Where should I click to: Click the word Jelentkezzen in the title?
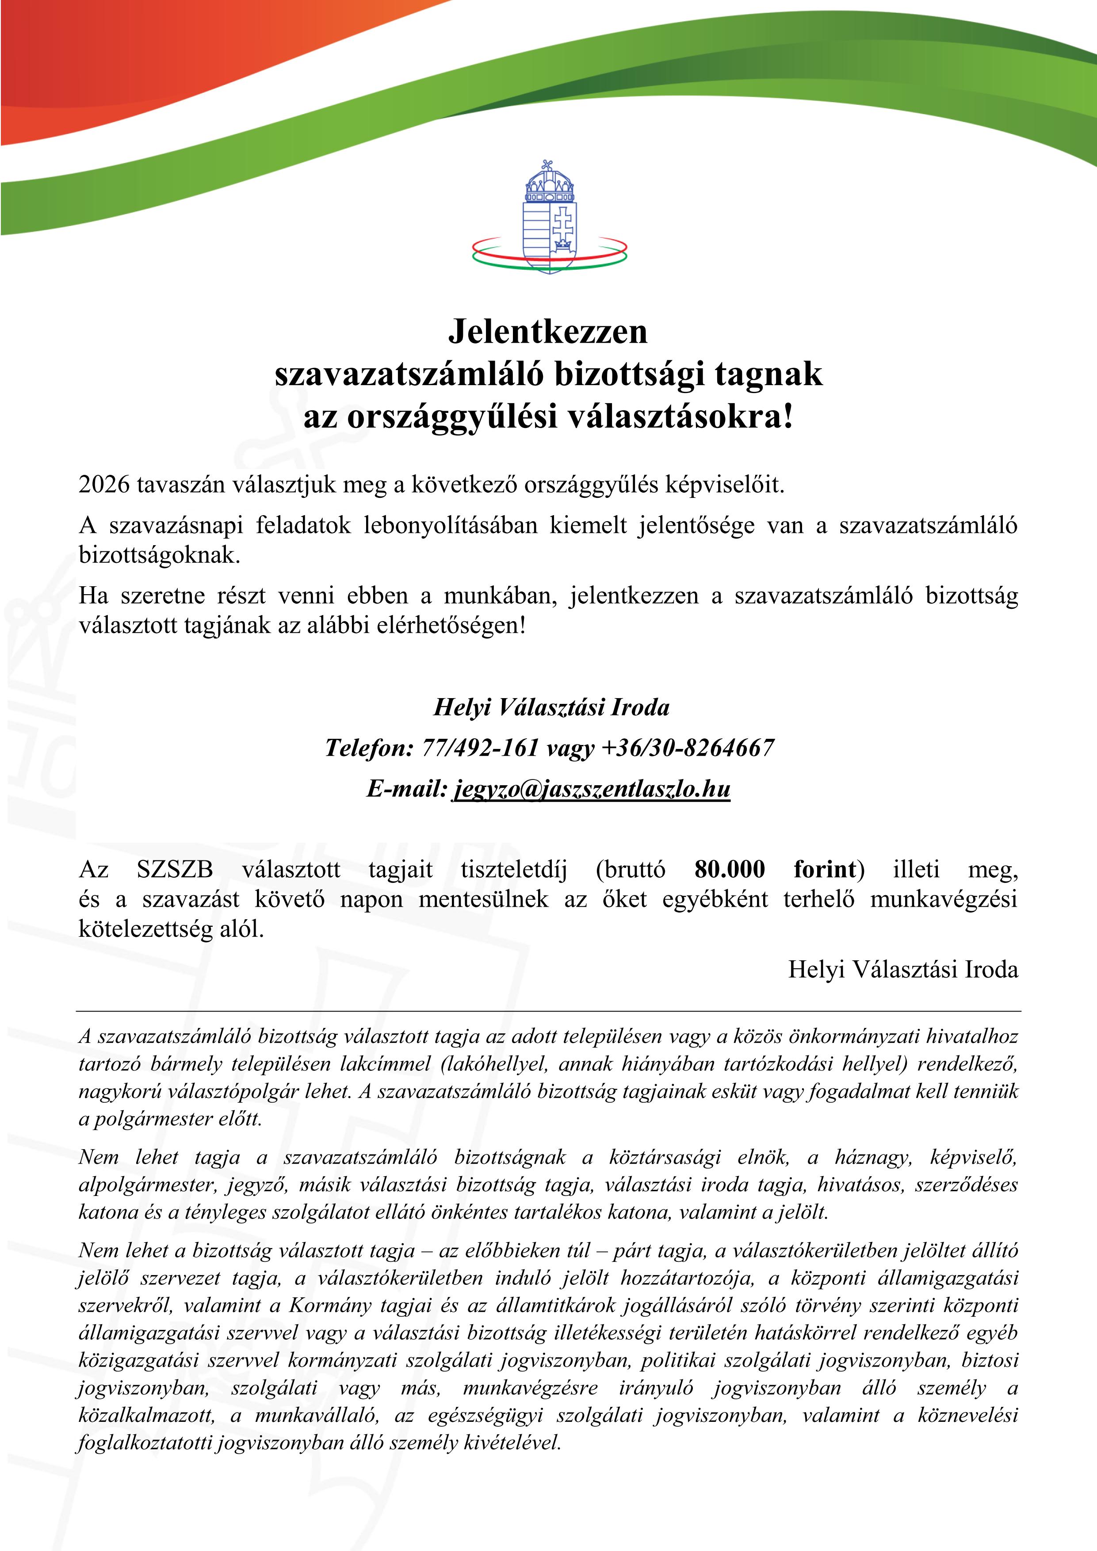click(x=548, y=331)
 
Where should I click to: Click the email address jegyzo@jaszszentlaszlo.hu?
click(x=592, y=788)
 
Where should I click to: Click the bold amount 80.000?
click(x=730, y=869)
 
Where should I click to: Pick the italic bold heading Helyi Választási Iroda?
click(x=551, y=707)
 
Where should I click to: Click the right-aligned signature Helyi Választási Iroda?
click(x=903, y=969)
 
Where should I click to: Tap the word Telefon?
click(x=369, y=748)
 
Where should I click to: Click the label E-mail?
click(x=407, y=788)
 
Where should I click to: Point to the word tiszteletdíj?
click(x=514, y=869)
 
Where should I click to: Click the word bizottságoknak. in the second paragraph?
click(x=160, y=555)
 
